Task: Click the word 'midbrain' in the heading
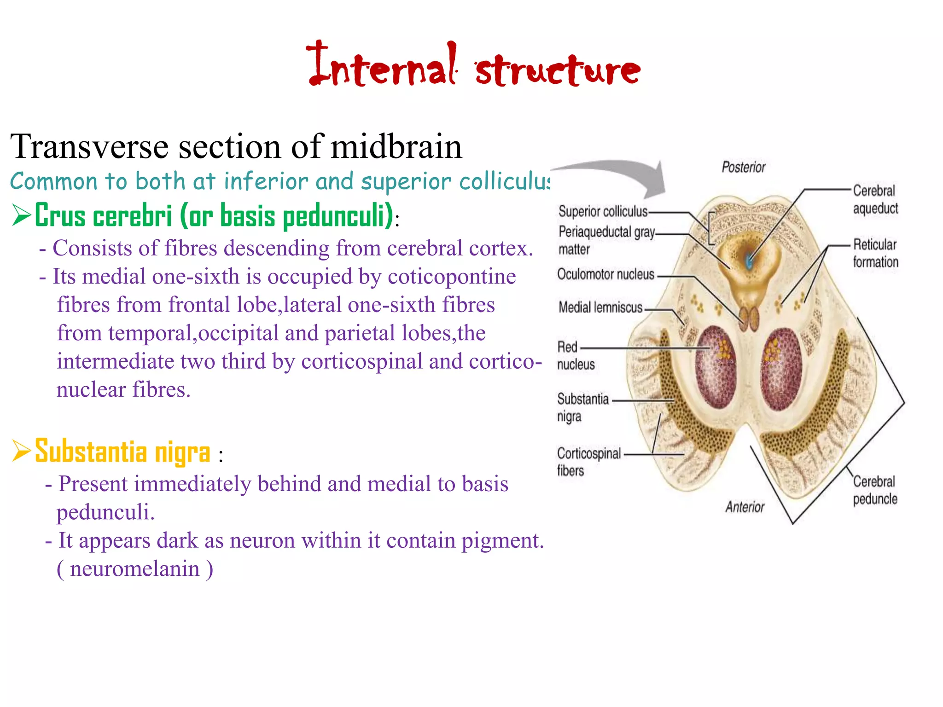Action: click(396, 146)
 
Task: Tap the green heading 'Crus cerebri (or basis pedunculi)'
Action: click(214, 215)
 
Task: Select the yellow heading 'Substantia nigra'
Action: click(122, 452)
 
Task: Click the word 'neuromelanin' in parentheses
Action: click(134, 569)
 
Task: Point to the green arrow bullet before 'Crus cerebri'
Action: click(22, 215)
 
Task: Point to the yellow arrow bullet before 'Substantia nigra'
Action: click(22, 451)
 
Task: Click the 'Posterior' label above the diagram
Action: click(743, 167)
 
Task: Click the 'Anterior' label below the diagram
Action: click(745, 507)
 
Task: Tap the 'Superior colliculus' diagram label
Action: click(603, 211)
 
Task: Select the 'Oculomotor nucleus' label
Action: click(605, 274)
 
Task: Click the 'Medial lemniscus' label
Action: click(600, 307)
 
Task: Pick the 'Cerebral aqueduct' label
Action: click(875, 199)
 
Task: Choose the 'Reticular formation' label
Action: click(875, 253)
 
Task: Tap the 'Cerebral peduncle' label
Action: click(875, 490)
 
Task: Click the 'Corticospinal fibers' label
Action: click(588, 462)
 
